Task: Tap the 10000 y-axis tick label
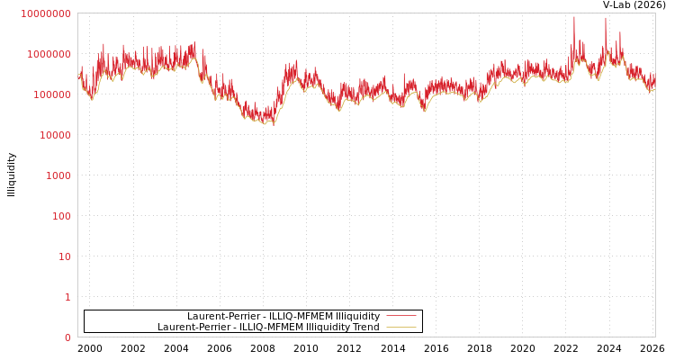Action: coord(53,135)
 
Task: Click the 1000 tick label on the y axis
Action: coord(56,175)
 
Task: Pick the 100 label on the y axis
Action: coord(59,216)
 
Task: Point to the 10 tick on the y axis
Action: coord(63,256)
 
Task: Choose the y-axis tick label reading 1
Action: coord(67,297)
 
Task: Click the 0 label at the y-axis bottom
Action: coord(67,337)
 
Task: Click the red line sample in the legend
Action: coord(400,316)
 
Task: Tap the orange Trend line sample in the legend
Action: coord(400,327)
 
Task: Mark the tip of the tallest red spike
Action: coord(574,16)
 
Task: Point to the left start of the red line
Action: coord(78,76)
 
